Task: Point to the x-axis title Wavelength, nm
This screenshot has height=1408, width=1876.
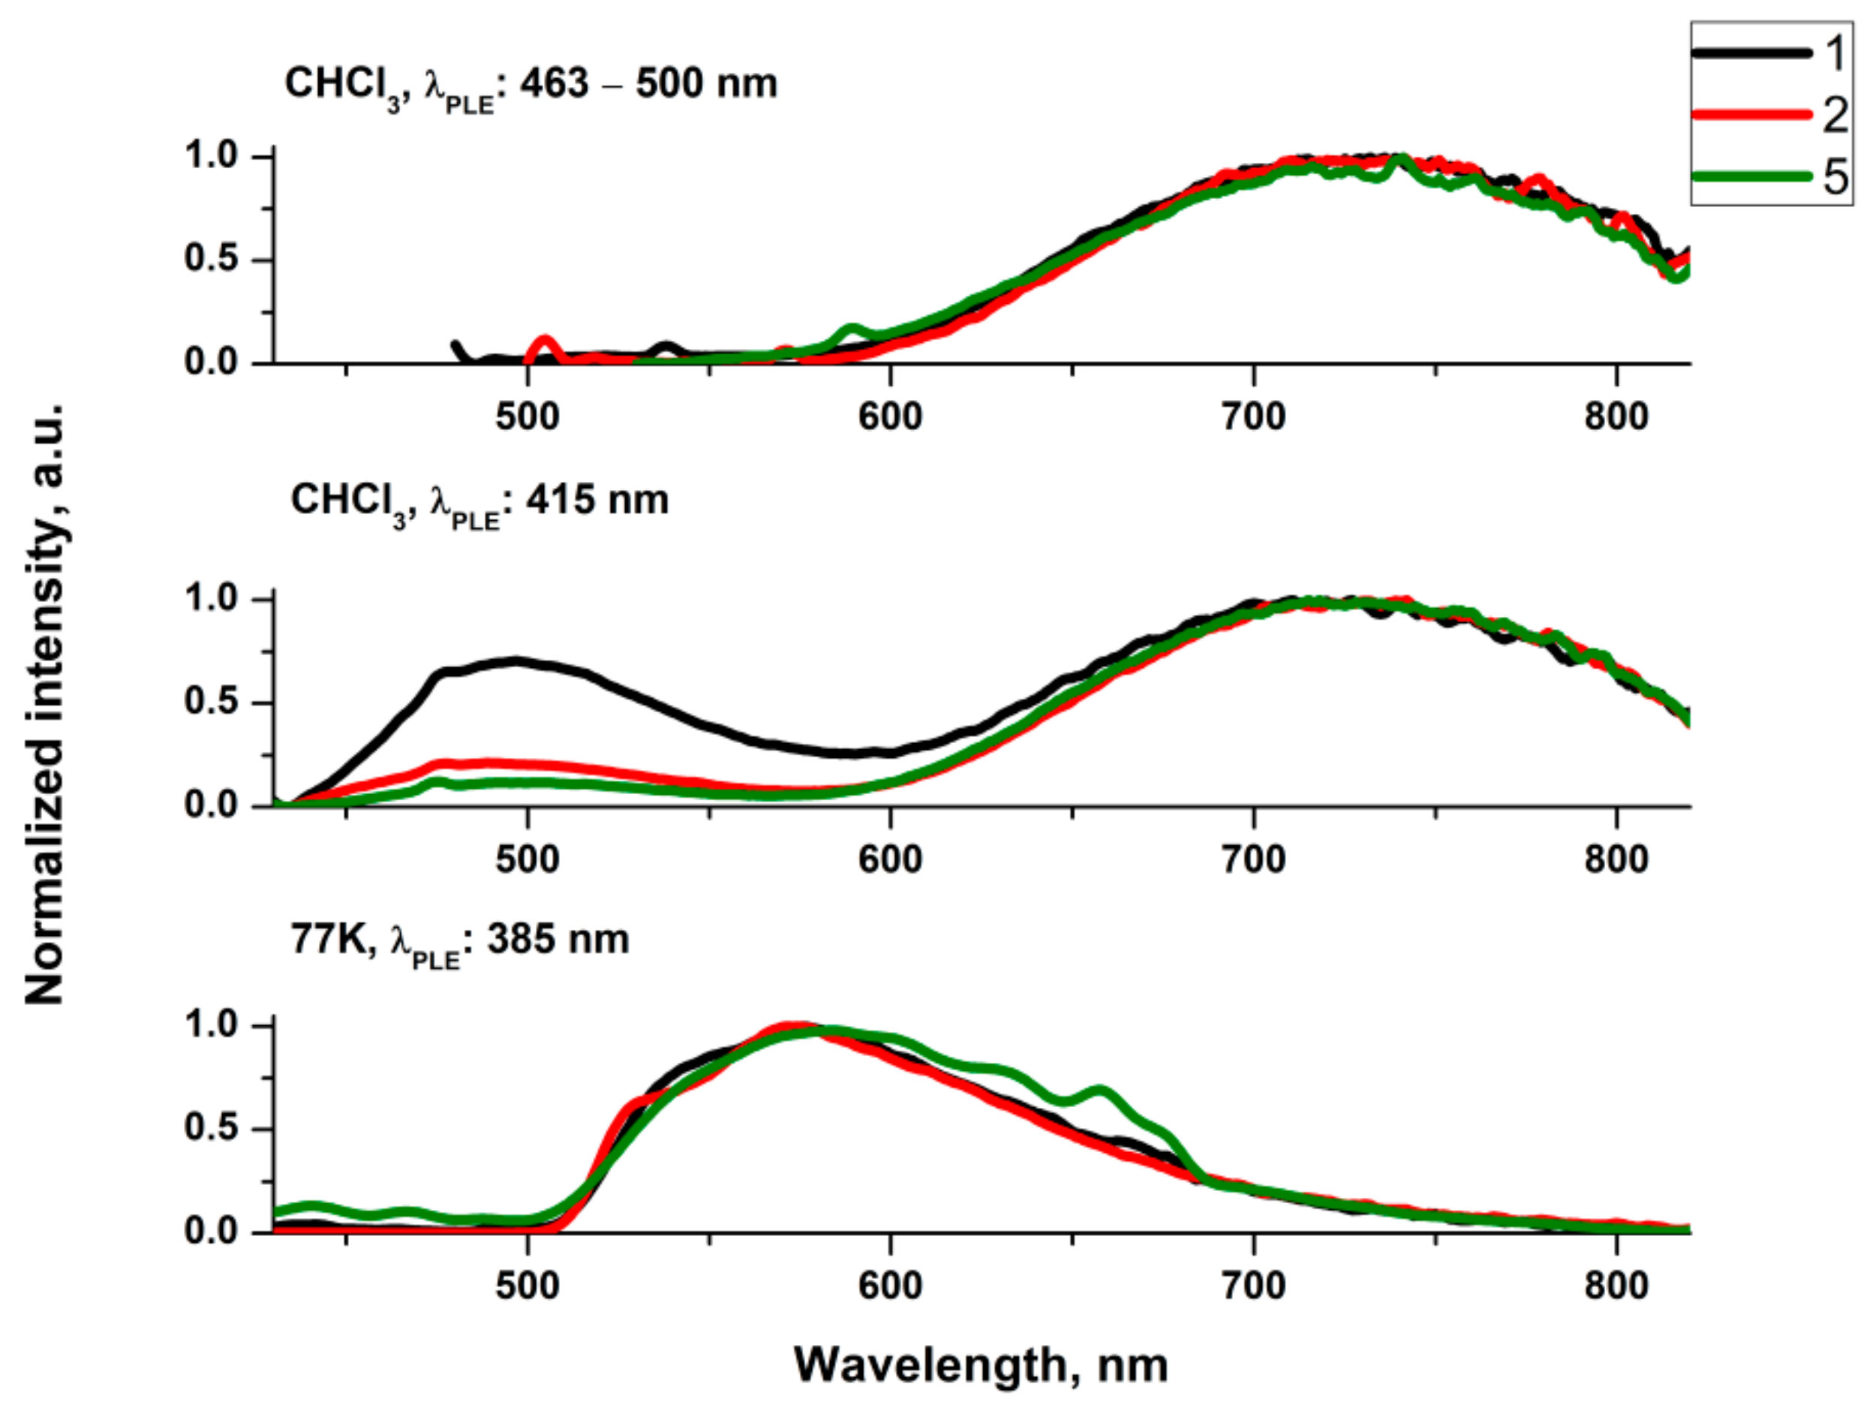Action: point(981,1364)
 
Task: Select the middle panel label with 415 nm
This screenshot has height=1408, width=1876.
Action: point(480,501)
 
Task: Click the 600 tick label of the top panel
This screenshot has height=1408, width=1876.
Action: point(890,417)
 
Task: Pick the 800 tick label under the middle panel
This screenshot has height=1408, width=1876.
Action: point(1616,859)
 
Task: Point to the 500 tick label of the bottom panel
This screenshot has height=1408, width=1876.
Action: point(528,1286)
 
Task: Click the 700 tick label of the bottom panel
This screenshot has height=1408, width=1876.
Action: point(1253,1286)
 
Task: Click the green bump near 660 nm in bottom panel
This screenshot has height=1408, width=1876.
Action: point(1100,1090)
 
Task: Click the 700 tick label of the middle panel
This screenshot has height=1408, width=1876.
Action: point(1253,859)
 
